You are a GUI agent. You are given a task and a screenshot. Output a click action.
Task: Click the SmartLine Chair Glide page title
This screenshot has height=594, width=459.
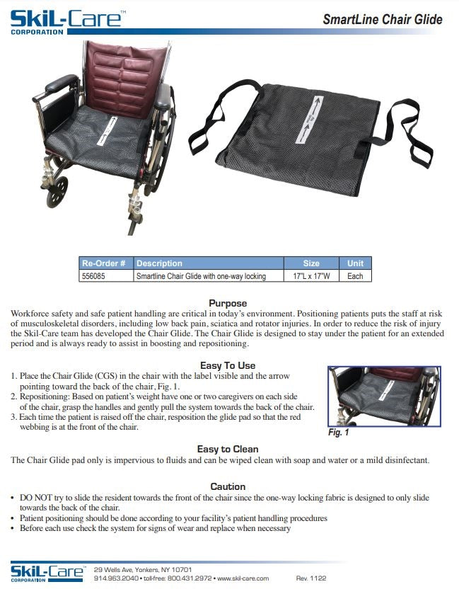382,19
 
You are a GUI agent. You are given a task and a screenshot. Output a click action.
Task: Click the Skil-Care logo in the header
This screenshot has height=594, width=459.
65,19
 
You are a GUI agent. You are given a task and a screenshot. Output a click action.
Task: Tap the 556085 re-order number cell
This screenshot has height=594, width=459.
94,276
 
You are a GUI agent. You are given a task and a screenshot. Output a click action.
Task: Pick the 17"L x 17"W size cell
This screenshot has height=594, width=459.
311,276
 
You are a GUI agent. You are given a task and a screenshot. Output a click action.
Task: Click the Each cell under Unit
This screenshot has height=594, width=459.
355,276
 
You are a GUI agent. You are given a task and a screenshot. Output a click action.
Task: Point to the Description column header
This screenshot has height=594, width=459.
159,263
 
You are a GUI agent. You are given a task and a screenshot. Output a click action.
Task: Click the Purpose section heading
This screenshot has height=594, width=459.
228,303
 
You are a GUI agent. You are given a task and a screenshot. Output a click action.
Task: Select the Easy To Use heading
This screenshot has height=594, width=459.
228,365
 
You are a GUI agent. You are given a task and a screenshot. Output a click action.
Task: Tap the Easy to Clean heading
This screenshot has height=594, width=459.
228,449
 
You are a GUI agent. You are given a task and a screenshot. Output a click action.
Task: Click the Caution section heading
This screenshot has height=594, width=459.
228,486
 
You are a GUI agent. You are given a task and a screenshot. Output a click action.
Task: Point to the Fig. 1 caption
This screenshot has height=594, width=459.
339,432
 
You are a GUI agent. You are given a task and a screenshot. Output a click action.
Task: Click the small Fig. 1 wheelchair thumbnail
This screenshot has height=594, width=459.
384,396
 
